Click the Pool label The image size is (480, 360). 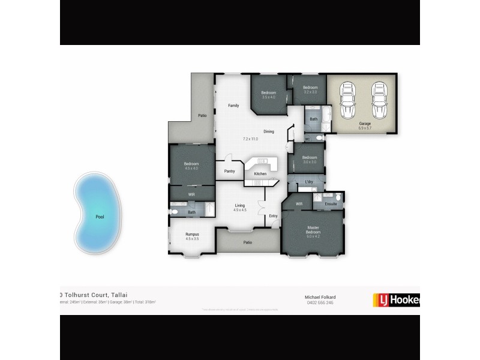tap(100, 217)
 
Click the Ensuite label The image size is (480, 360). tap(331, 205)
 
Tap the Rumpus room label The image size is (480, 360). tap(192, 234)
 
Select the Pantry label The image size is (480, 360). tap(229, 170)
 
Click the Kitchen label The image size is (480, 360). tap(260, 173)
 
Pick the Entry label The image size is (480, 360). tap(273, 216)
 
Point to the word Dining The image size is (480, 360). tap(269, 131)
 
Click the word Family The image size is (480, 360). tap(233, 106)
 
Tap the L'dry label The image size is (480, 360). tap(310, 182)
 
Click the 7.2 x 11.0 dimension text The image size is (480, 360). tap(250, 139)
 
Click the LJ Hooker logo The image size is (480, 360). tap(396, 299)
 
